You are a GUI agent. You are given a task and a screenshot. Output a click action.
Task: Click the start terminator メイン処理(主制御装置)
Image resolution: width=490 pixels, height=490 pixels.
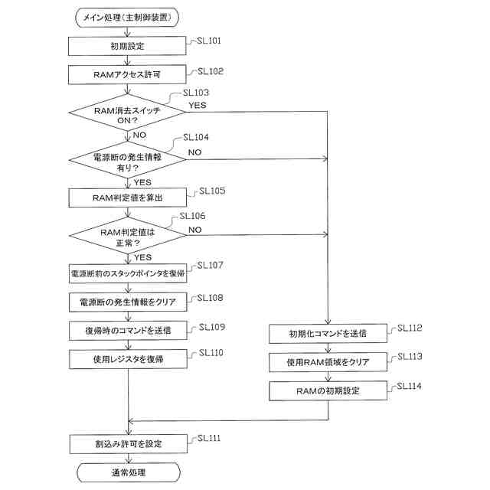127,18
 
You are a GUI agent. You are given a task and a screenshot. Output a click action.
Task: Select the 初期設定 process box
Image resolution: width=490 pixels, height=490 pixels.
127,46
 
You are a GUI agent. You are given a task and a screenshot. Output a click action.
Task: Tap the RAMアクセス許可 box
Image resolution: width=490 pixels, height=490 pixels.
127,75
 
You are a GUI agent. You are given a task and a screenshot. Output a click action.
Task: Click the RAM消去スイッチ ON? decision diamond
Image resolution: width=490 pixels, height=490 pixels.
127,113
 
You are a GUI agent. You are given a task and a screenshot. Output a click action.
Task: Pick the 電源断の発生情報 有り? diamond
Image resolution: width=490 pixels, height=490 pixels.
127,160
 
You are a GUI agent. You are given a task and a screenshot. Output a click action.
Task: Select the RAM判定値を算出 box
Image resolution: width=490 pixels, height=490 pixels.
128,198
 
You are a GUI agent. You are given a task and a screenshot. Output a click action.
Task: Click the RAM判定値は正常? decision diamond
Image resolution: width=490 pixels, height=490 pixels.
128,235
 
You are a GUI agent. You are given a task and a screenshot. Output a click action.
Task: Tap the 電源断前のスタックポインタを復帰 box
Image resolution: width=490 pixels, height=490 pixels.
128,273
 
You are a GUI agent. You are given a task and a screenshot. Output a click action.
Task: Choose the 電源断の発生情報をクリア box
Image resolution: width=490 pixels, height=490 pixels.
128,302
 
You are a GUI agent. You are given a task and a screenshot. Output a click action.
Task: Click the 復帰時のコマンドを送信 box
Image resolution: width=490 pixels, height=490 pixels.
128,331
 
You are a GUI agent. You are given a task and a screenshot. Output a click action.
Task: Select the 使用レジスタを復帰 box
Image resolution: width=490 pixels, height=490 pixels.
128,359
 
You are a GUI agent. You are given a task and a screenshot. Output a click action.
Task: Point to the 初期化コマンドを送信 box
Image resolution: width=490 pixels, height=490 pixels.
328,334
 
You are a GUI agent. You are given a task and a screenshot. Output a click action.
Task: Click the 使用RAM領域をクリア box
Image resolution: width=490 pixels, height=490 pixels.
328,362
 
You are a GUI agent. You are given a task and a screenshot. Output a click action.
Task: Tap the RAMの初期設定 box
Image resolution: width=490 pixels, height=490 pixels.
328,390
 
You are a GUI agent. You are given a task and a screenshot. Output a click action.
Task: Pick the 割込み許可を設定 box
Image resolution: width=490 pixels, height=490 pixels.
129,444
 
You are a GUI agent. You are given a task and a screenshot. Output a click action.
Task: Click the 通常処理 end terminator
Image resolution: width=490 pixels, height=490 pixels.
129,472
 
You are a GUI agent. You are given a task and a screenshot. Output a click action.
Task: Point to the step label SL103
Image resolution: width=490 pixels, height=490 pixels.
196,93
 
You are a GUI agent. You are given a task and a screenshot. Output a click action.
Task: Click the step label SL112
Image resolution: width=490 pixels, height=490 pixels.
410,328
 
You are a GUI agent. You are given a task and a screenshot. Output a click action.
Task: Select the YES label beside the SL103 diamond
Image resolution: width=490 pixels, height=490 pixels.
198,106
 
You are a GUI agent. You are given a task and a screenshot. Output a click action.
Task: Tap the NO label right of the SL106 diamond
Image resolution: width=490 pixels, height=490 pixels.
195,230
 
